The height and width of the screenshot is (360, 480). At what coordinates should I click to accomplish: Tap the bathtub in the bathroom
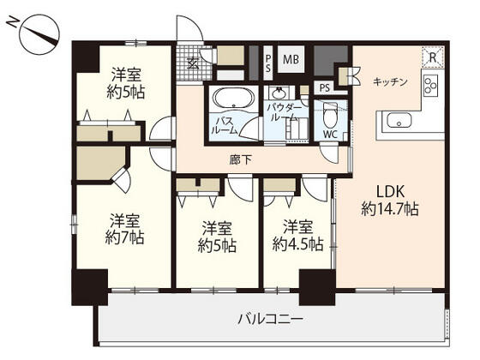pos(229,98)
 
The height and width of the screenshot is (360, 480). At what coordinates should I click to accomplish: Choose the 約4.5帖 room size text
pos(297,244)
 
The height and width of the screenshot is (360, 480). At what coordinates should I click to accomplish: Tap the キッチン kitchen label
pos(390,81)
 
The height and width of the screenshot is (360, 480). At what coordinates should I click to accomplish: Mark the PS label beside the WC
pos(325,87)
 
